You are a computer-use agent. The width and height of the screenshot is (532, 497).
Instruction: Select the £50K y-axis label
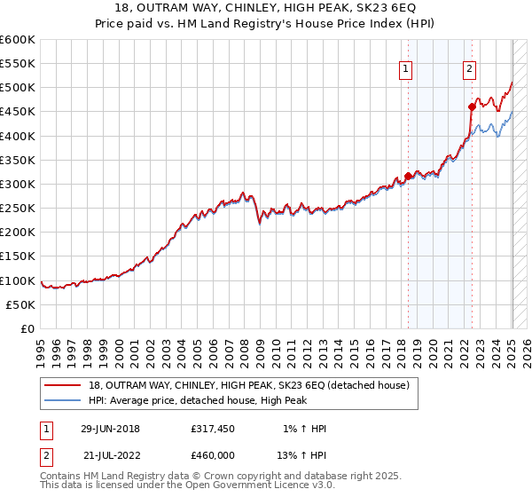click(x=21, y=304)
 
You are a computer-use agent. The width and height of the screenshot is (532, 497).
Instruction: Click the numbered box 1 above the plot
click(x=406, y=70)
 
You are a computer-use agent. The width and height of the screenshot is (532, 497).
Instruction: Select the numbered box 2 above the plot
click(x=469, y=70)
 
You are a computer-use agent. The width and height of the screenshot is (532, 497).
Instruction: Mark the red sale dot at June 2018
click(x=408, y=176)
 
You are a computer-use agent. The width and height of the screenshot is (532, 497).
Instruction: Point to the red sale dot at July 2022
click(x=472, y=107)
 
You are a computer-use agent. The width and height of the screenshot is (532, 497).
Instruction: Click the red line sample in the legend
click(x=63, y=386)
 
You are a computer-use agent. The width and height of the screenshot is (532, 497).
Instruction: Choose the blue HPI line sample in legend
click(x=63, y=401)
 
